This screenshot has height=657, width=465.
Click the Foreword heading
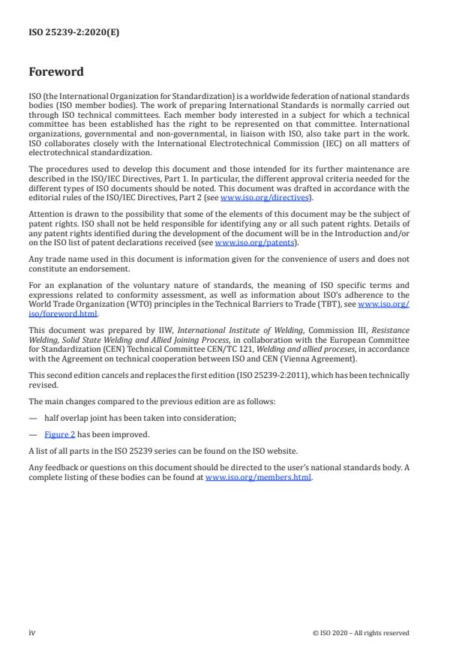click(x=55, y=73)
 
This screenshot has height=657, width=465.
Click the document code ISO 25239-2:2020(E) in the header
click(x=64, y=34)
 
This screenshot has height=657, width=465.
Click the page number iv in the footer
click(x=32, y=632)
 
